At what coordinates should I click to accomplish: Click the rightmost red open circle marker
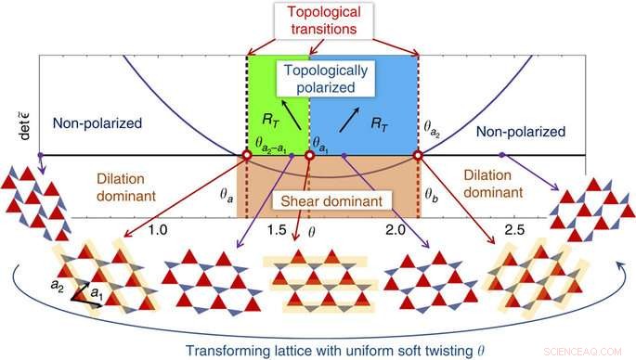click(418, 155)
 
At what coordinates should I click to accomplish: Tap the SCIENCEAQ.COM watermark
click(585, 351)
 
